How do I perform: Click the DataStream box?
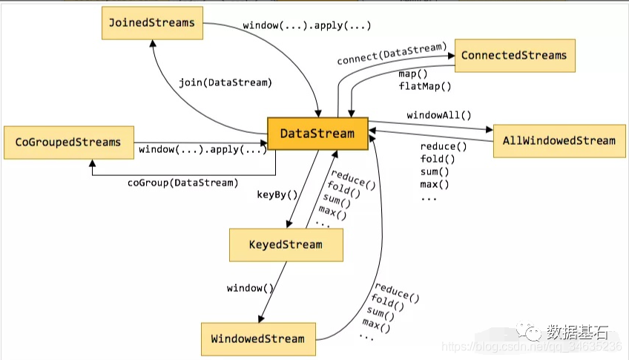pos(317,134)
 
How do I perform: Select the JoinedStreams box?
pos(153,23)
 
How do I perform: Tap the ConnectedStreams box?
pos(515,56)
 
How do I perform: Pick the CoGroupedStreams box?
pos(68,143)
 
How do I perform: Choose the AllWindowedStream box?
pos(559,141)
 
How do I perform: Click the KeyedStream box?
pos(286,245)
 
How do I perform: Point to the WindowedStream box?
pos(258,339)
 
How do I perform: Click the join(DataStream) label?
pos(225,82)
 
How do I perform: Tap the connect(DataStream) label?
pos(392,53)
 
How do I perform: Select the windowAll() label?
pos(439,116)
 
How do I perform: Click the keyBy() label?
pos(277,195)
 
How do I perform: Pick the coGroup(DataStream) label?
pos(183,183)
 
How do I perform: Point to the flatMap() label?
pos(425,86)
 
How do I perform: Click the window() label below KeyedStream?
pos(250,288)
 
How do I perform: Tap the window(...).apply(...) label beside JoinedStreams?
pos(307,26)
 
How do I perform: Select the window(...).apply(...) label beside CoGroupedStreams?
pos(202,150)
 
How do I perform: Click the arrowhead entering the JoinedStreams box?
pos(153,43)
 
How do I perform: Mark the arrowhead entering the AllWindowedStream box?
pos(490,129)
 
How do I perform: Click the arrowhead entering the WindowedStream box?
pos(261,319)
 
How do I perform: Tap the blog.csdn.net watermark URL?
pos(532,347)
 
